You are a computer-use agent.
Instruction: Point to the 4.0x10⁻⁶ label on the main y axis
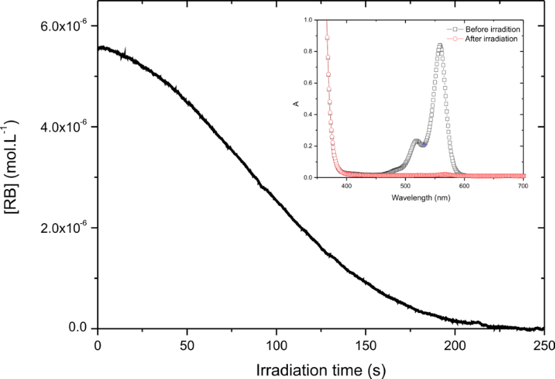click(65, 127)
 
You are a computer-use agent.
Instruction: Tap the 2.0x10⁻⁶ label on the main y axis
click(65, 228)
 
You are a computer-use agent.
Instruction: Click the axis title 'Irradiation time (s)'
click(321, 366)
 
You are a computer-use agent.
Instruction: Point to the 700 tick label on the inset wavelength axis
click(522, 186)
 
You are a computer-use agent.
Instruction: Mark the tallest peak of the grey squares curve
click(439, 45)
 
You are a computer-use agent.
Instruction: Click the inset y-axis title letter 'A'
click(296, 103)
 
